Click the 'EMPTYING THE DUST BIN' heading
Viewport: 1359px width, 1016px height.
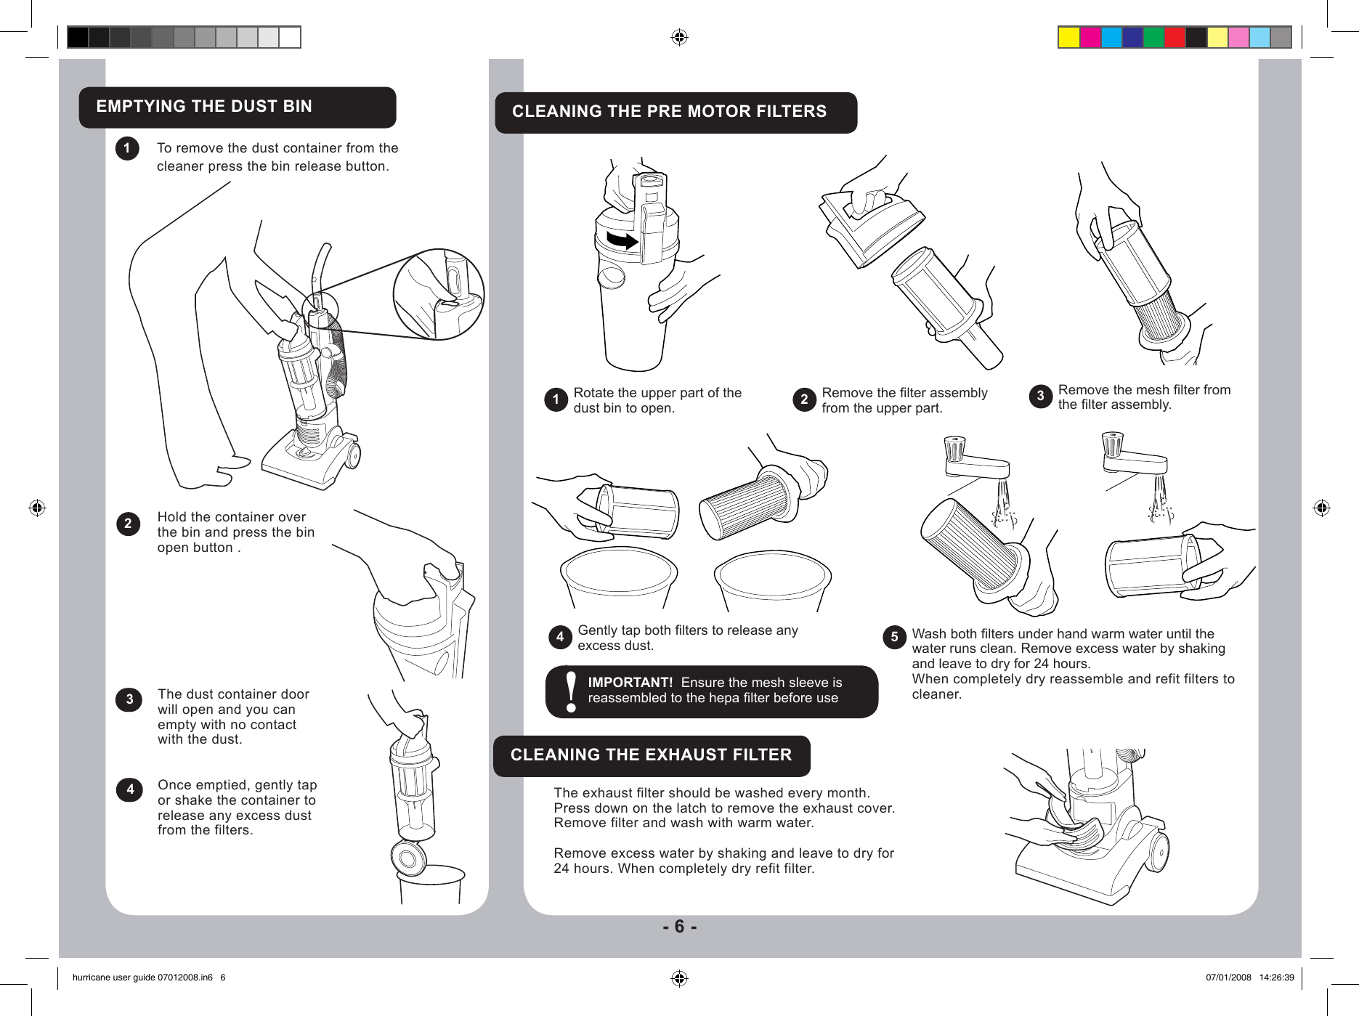(204, 106)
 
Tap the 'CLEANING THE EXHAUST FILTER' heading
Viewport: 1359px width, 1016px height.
(651, 755)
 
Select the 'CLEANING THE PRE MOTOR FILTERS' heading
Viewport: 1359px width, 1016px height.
(669, 111)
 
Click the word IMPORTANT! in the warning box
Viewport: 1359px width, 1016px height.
(630, 683)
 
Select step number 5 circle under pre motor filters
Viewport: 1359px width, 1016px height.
(894, 638)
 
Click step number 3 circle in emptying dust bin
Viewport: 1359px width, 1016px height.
(129, 700)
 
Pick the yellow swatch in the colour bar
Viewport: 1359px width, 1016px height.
(1068, 37)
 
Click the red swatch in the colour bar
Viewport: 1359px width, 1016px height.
(1175, 37)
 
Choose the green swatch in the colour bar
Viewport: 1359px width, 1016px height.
(1153, 37)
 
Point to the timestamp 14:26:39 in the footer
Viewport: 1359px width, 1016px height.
(1276, 978)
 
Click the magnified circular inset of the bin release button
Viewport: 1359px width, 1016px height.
(439, 294)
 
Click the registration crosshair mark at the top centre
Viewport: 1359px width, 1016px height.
(679, 37)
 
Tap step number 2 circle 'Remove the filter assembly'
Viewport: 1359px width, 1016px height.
(804, 400)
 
